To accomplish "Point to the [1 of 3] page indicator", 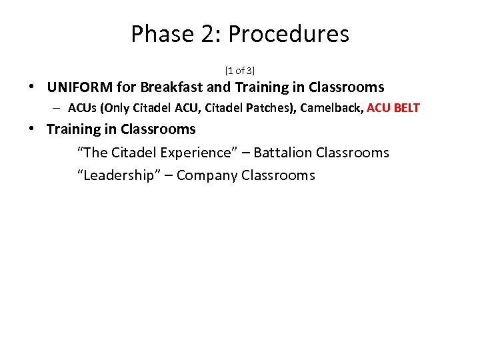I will point(240,70).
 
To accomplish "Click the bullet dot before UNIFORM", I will point(32,87).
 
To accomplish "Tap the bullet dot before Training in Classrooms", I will point(32,129).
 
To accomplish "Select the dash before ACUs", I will point(59,108).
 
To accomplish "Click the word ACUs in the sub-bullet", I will point(81,108).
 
